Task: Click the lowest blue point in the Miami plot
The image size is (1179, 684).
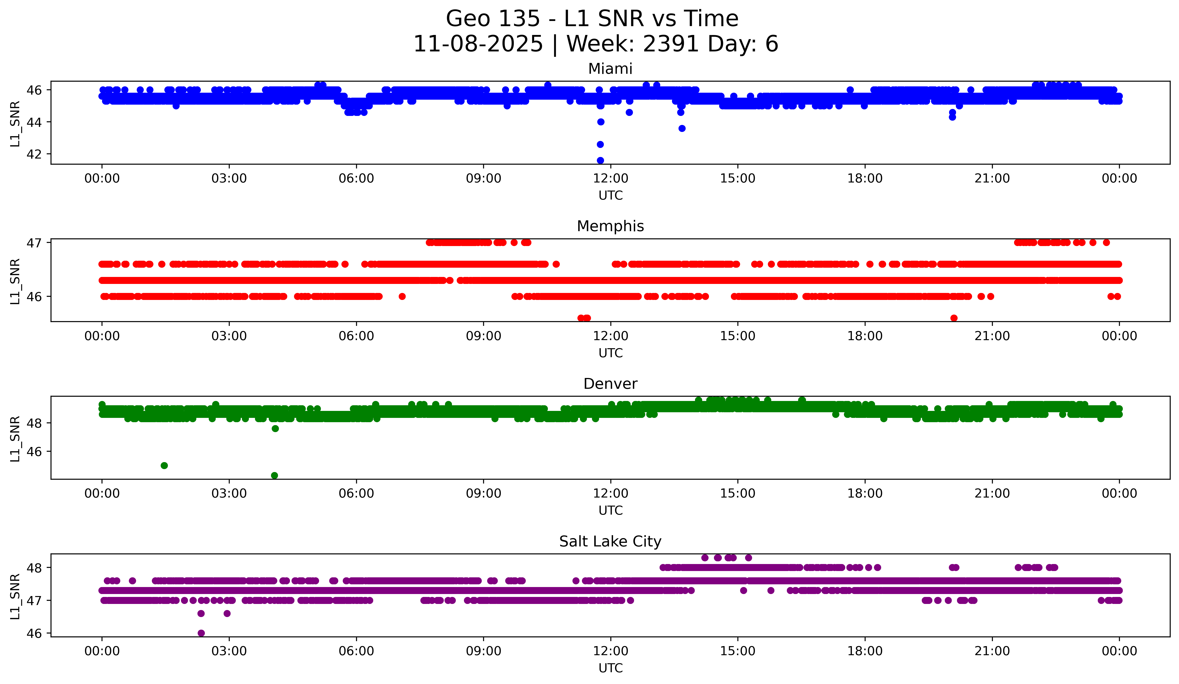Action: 600,160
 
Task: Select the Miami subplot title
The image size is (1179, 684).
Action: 610,69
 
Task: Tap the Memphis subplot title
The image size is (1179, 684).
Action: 610,226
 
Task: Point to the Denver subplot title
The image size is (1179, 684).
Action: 610,384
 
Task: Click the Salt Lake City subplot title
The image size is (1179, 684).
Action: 610,541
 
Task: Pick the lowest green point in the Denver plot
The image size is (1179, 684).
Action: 275,475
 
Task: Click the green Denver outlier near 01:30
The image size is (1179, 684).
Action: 164,466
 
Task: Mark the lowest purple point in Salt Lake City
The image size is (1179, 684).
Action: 201,633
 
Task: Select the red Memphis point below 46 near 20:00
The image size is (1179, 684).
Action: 954,318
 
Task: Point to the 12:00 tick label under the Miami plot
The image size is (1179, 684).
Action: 611,179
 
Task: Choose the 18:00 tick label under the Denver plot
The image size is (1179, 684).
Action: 865,494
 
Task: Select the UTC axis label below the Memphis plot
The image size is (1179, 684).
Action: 611,353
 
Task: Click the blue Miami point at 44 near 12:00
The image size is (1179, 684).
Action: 601,122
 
